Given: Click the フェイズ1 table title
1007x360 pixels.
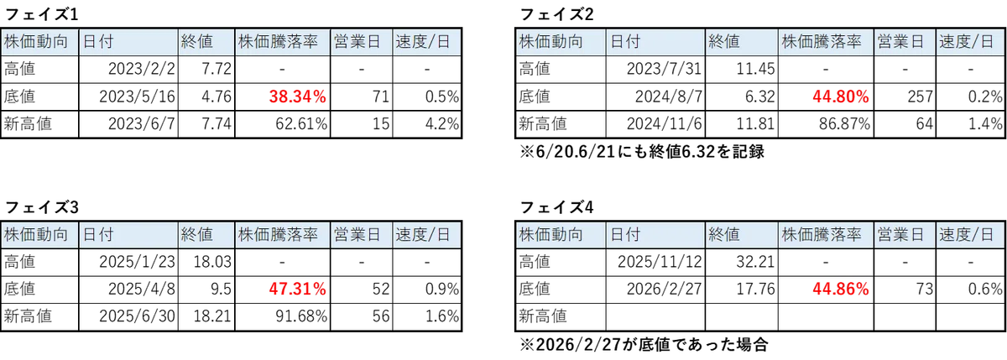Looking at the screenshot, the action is click(x=41, y=15).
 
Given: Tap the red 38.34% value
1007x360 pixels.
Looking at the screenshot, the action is click(x=298, y=97).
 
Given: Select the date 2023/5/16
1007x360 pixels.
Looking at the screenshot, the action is click(x=137, y=97).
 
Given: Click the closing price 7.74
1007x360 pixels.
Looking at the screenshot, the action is click(x=217, y=123).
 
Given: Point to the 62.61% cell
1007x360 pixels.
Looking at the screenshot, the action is click(x=301, y=123).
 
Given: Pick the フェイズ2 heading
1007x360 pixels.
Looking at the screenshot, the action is click(x=556, y=15).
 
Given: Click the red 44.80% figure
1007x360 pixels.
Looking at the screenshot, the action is click(x=841, y=97).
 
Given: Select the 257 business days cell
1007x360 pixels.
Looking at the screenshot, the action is click(x=921, y=97).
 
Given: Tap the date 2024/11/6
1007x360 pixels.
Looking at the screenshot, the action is click(x=665, y=123).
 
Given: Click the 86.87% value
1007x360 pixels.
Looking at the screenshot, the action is click(x=844, y=123).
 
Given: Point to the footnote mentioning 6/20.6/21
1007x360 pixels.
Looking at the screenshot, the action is click(x=642, y=152).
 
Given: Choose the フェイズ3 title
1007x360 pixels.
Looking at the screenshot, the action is click(x=41, y=207).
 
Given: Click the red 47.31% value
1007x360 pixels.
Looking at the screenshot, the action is click(x=298, y=289).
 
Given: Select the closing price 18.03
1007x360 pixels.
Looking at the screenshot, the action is click(x=212, y=262).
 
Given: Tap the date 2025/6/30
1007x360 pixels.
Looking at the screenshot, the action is click(x=137, y=316).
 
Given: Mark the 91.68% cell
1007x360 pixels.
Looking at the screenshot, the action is click(x=301, y=316).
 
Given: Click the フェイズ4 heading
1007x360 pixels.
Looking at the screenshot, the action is click(x=556, y=207).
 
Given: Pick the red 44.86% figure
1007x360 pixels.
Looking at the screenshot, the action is click(x=841, y=289).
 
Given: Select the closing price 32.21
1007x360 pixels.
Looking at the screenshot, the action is click(x=755, y=262).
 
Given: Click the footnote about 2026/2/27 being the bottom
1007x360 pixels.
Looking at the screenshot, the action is click(x=644, y=345).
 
